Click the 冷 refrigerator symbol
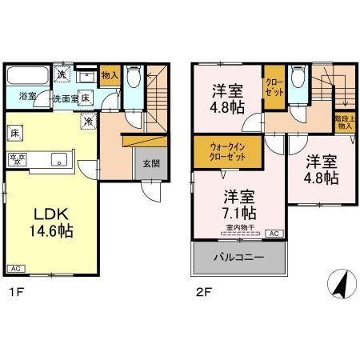(90, 122)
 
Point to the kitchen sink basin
(58, 159)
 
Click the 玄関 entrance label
(149, 163)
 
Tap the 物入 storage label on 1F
(110, 77)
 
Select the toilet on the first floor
(134, 80)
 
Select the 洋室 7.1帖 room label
(239, 204)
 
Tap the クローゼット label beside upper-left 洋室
(274, 86)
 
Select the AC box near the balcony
(274, 234)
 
